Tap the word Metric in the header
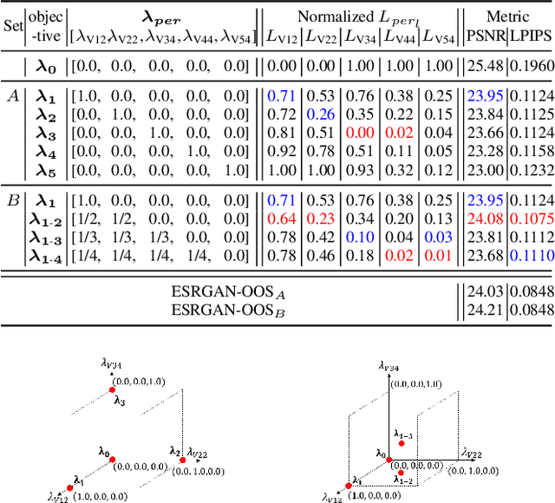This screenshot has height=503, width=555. tap(507, 16)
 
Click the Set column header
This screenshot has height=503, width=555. tap(13, 26)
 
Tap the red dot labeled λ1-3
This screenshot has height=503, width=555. tap(401, 443)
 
